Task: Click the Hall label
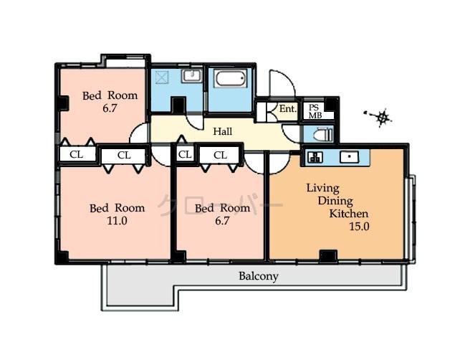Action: click(222, 131)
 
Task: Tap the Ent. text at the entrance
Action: click(287, 109)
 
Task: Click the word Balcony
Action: click(258, 275)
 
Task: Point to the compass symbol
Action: click(382, 117)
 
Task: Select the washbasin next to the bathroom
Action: click(191, 77)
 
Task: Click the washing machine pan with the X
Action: click(162, 77)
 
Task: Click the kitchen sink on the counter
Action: click(349, 158)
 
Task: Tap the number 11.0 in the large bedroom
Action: click(117, 221)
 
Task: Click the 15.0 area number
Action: click(358, 227)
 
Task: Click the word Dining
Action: click(335, 202)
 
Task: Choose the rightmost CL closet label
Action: click(220, 154)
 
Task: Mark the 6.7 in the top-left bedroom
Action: click(109, 108)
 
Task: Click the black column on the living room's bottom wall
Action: click(327, 255)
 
